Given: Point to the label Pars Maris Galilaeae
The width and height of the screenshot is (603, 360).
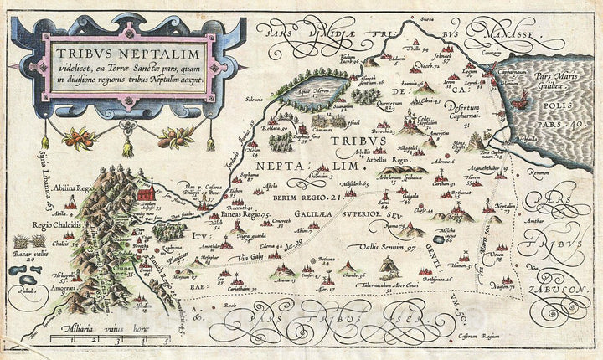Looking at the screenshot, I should (x=561, y=80).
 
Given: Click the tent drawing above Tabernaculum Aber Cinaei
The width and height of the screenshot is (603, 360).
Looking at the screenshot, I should (x=388, y=267).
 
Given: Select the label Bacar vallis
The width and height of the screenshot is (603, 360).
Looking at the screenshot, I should (x=27, y=251).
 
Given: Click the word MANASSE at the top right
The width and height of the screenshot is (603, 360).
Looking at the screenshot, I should (x=501, y=34).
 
